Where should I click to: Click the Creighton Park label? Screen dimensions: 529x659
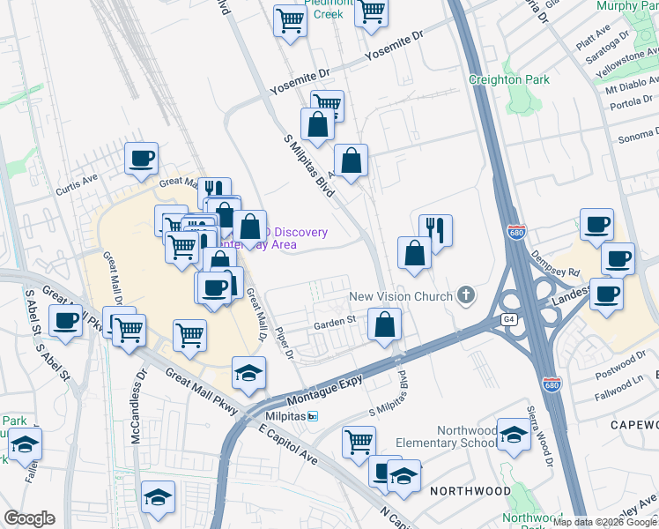tap(509, 80)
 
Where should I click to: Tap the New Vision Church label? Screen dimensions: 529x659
tap(400, 296)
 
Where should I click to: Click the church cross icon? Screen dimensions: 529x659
tap(466, 296)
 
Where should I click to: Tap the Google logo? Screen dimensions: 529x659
tap(29, 518)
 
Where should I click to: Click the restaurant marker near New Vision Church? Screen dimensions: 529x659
tap(435, 231)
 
